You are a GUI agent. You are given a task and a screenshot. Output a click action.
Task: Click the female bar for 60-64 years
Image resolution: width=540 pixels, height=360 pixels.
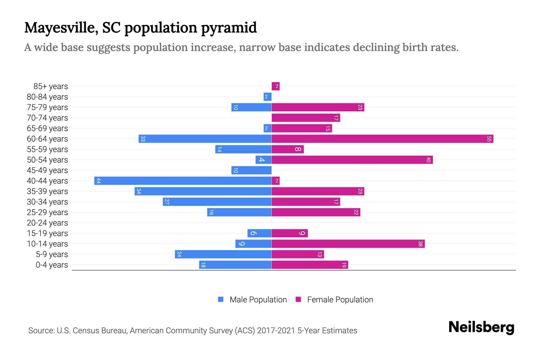(x=382, y=139)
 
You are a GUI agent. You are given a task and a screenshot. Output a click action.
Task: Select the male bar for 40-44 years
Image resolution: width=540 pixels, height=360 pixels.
(x=183, y=181)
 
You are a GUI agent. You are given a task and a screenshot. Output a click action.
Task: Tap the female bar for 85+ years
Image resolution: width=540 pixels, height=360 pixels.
(x=275, y=86)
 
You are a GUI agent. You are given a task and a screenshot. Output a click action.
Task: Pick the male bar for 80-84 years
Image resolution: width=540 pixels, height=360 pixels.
(x=267, y=97)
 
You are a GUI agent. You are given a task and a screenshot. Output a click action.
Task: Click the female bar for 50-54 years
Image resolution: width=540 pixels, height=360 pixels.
(x=352, y=160)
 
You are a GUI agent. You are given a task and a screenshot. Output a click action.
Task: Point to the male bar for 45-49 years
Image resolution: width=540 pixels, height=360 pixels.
(x=251, y=170)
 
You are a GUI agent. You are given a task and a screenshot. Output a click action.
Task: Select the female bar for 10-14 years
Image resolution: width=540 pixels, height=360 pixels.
(x=348, y=244)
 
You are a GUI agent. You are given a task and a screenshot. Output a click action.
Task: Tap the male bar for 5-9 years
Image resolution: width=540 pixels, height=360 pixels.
(x=223, y=254)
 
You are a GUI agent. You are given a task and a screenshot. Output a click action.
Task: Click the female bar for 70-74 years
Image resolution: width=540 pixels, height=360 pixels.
(x=306, y=118)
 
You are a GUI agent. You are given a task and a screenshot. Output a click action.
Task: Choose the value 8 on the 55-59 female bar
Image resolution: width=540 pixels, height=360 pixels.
(x=298, y=149)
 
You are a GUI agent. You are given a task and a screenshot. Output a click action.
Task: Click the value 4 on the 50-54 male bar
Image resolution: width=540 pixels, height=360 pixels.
(x=262, y=160)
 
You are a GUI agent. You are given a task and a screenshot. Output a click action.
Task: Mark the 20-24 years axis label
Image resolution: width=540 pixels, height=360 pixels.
(x=47, y=223)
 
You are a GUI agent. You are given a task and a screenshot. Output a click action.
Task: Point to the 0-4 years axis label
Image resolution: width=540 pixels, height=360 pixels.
(x=52, y=265)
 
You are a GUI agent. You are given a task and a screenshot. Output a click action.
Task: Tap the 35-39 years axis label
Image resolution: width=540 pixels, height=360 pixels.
(x=47, y=191)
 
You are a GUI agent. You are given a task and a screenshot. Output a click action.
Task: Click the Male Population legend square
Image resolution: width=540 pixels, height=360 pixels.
(x=221, y=299)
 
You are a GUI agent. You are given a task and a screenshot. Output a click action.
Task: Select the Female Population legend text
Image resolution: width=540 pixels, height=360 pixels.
(x=340, y=300)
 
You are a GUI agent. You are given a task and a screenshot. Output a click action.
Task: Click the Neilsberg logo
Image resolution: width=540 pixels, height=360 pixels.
(x=481, y=327)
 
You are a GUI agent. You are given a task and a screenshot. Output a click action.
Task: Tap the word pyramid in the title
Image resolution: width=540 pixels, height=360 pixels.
(x=229, y=28)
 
